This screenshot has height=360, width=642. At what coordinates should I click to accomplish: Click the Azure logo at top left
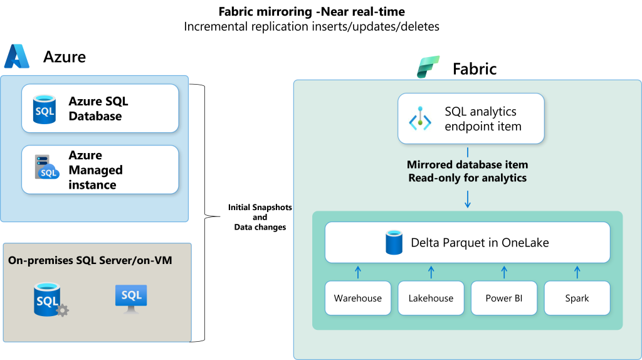[17, 56]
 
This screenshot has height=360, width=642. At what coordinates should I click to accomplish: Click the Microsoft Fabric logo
[429, 66]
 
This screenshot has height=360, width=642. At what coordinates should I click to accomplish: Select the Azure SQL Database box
[100, 109]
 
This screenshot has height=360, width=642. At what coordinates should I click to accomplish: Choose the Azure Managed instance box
[100, 170]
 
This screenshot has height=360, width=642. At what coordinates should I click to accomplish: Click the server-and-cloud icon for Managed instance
[46, 167]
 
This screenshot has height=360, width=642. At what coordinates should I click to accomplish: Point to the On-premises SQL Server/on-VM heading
[90, 260]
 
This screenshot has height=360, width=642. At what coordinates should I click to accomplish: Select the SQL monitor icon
[131, 298]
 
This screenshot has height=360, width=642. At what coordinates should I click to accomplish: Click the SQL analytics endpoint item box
[471, 119]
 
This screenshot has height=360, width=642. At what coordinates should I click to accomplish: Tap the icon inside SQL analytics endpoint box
[419, 119]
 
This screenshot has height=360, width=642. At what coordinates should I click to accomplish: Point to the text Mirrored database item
[467, 164]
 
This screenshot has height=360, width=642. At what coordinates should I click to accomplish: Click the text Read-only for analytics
[467, 178]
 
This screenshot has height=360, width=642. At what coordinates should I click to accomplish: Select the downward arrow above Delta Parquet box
[467, 199]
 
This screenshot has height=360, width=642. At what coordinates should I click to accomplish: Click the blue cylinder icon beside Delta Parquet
[394, 243]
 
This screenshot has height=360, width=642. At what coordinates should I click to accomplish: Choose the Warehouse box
[358, 298]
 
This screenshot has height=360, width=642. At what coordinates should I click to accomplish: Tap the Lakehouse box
[431, 298]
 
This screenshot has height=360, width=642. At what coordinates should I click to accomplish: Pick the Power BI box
[504, 298]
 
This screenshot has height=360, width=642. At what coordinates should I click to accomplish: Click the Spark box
[577, 298]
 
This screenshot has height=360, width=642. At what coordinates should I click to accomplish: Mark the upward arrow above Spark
[577, 272]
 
